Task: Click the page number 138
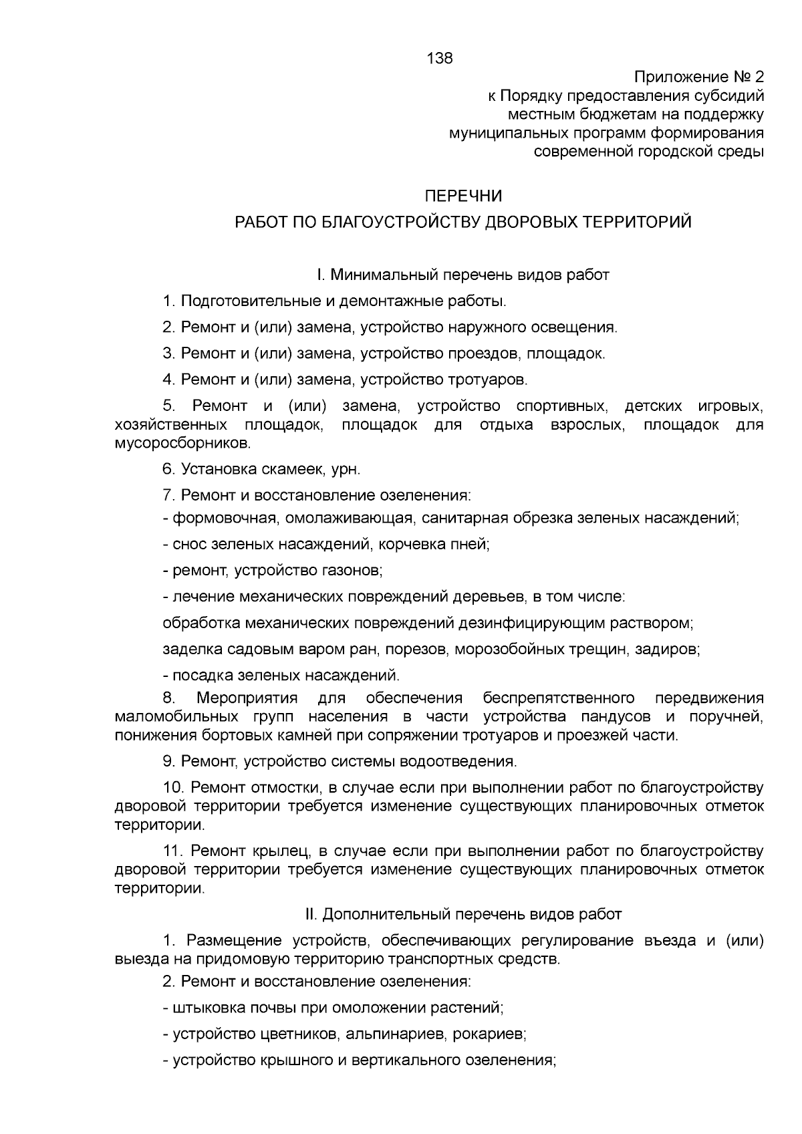439,58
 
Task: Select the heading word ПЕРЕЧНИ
464,196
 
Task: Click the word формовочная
224,518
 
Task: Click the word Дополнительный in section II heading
390,914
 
